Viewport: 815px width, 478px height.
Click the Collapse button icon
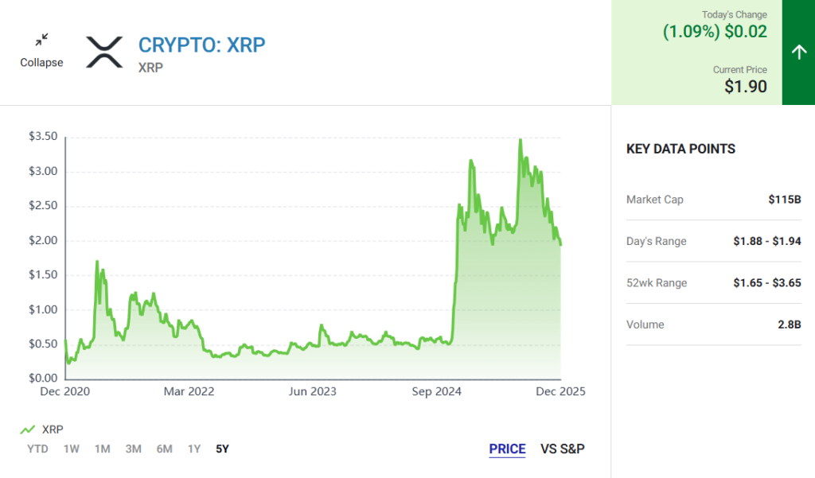coord(41,39)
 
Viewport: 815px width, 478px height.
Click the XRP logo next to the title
coord(104,52)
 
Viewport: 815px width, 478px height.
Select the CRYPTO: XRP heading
coord(202,45)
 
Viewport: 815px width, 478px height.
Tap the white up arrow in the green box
coord(798,52)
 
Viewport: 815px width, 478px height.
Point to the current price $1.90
coord(746,87)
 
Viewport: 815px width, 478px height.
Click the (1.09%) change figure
coord(691,32)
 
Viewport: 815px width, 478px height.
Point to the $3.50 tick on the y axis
coord(43,137)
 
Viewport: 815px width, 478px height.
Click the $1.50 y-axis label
coord(43,275)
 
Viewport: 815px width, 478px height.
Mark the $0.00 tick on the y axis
coord(43,379)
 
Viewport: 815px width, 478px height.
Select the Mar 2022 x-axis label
coord(189,391)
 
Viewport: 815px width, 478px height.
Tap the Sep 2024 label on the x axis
coord(438,391)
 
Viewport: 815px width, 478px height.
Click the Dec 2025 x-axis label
coord(561,391)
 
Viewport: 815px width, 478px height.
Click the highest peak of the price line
coord(520,140)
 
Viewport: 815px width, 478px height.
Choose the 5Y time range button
coord(222,449)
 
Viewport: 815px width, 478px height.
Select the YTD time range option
coord(37,449)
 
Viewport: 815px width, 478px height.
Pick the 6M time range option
coord(164,449)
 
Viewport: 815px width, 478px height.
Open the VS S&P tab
coord(563,449)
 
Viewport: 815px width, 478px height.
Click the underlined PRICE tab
coord(507,449)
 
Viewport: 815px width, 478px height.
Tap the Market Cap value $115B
coord(785,200)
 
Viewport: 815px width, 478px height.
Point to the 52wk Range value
coord(767,283)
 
